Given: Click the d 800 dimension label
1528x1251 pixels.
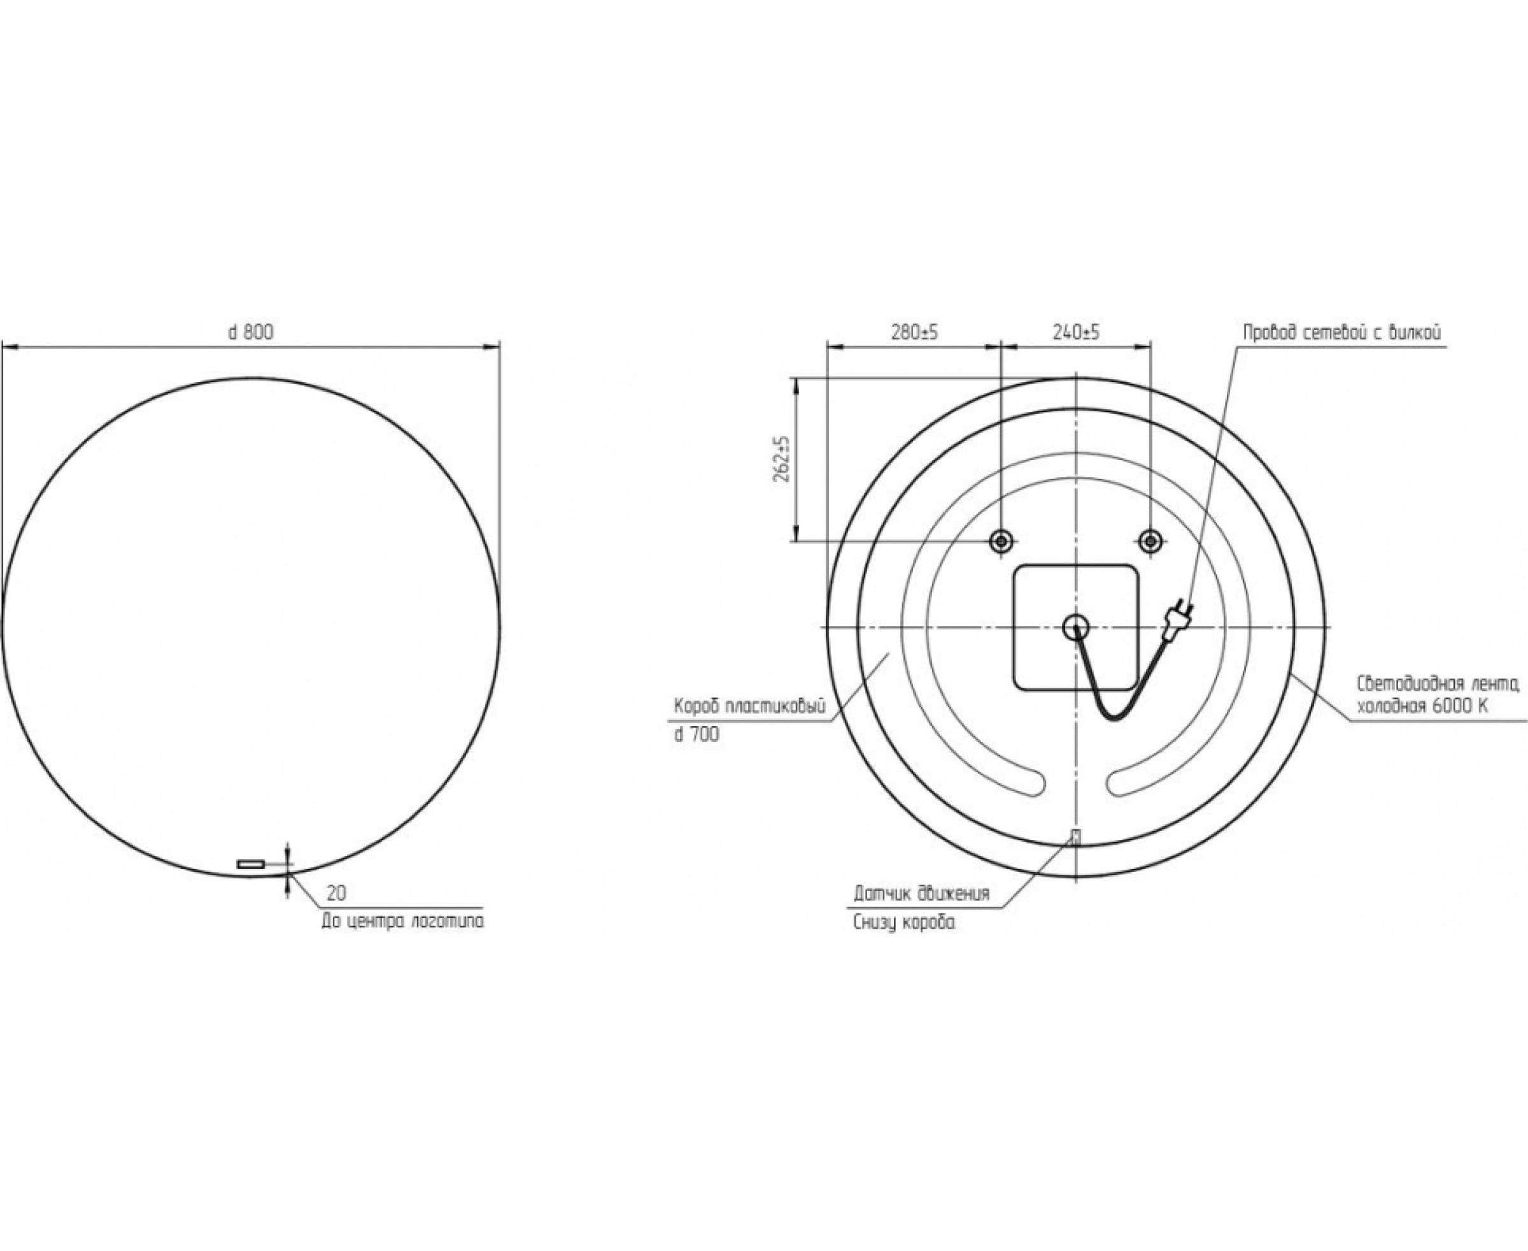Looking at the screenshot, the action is [251, 332].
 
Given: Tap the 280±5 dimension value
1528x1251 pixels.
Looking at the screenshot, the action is [915, 332].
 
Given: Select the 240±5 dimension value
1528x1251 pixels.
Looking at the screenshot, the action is [1077, 332].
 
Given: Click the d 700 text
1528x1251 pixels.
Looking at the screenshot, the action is [697, 735].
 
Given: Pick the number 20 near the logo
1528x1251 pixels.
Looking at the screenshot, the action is [336, 894].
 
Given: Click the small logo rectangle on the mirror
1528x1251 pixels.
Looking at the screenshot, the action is [251, 863].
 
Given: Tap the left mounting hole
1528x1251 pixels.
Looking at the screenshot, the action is [1001, 541].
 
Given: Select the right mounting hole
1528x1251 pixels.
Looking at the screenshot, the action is [1150, 541].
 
